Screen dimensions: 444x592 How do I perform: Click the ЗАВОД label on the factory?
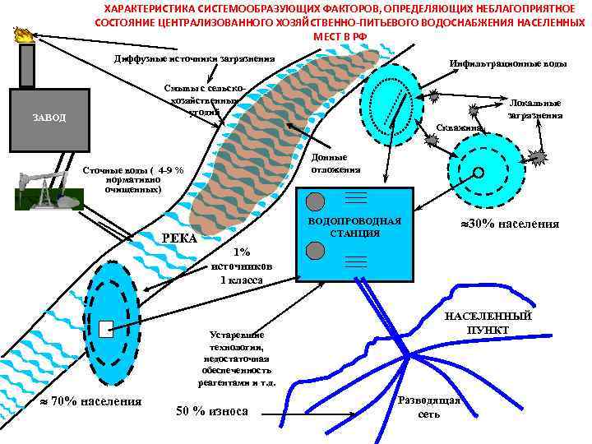pos(49,117)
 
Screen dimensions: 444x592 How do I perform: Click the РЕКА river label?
pos(179,238)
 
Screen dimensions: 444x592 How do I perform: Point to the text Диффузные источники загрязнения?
pos(194,59)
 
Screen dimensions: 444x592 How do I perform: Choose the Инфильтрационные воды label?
pos(508,63)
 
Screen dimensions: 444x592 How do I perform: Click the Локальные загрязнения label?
pos(535,109)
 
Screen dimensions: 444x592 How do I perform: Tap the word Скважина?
pos(459,128)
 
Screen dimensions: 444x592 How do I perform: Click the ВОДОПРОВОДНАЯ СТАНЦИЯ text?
pos(354,227)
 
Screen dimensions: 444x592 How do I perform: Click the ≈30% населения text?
pos(509,224)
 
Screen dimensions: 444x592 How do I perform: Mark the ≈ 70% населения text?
pos(91,401)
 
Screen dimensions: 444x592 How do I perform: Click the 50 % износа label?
pos(212,411)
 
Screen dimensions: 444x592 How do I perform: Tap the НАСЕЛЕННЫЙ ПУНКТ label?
pos(488,323)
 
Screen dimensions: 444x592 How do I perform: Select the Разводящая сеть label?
pos(428,407)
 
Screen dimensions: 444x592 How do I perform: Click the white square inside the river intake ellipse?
pos(104,329)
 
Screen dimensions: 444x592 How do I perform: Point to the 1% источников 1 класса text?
pos(241,266)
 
